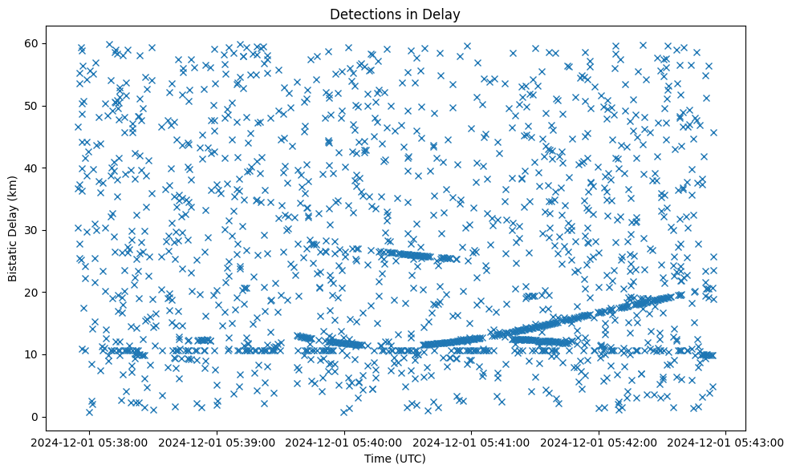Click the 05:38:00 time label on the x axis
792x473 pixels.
click(x=90, y=442)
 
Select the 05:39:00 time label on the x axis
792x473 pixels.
click(x=217, y=442)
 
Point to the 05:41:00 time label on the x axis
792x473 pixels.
click(x=472, y=442)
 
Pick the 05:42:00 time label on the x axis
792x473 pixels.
click(x=599, y=442)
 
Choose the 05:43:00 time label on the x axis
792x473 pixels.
click(x=727, y=442)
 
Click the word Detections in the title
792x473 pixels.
click(x=363, y=14)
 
